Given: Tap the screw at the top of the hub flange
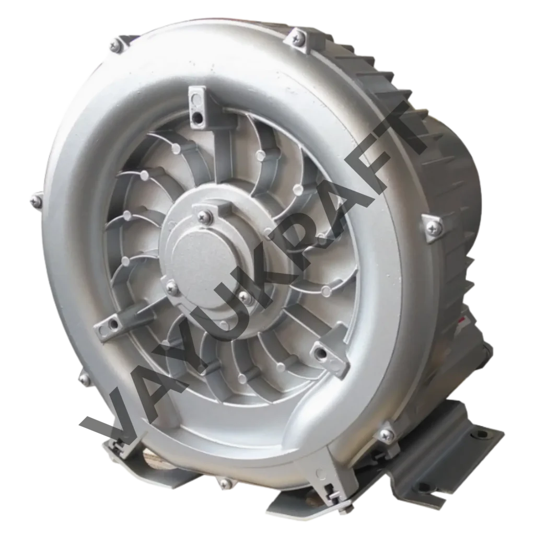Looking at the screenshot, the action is tap(204, 216).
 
